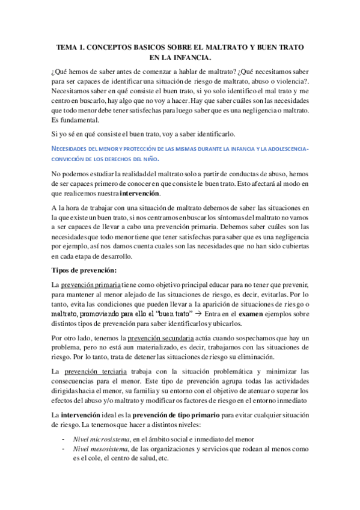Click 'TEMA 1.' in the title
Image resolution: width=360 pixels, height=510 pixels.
coord(72,46)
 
